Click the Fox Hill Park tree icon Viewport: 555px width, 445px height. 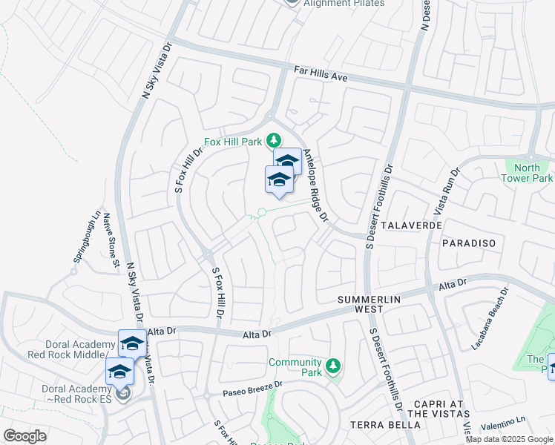tap(274, 139)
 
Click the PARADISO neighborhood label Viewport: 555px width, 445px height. tap(467, 243)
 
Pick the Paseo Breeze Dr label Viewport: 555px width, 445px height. tap(254, 386)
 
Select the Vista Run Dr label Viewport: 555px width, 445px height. tap(450, 190)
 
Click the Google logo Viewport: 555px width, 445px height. tap(24, 435)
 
